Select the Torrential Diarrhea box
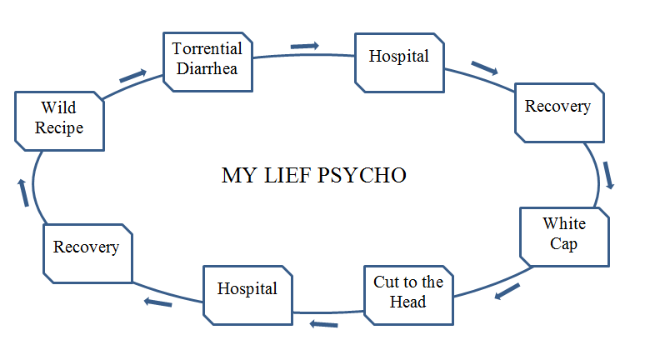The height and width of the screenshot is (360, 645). (207, 59)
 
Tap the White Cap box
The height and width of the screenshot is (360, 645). (564, 236)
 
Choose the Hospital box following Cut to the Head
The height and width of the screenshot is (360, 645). (247, 290)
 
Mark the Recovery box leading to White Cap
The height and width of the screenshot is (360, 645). (557, 107)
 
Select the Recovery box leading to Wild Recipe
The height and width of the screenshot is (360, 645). (87, 249)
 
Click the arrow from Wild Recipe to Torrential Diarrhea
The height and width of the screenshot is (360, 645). (133, 76)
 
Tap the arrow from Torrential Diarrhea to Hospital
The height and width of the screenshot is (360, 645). (305, 46)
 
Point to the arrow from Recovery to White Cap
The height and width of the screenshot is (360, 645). (609, 175)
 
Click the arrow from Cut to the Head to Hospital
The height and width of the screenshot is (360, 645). (325, 324)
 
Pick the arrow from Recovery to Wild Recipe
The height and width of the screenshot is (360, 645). (24, 192)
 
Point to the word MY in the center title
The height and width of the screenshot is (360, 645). (236, 176)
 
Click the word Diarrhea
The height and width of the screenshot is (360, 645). (207, 68)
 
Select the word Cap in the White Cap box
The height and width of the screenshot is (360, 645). (564, 245)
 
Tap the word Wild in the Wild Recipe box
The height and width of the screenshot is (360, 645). (58, 109)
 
